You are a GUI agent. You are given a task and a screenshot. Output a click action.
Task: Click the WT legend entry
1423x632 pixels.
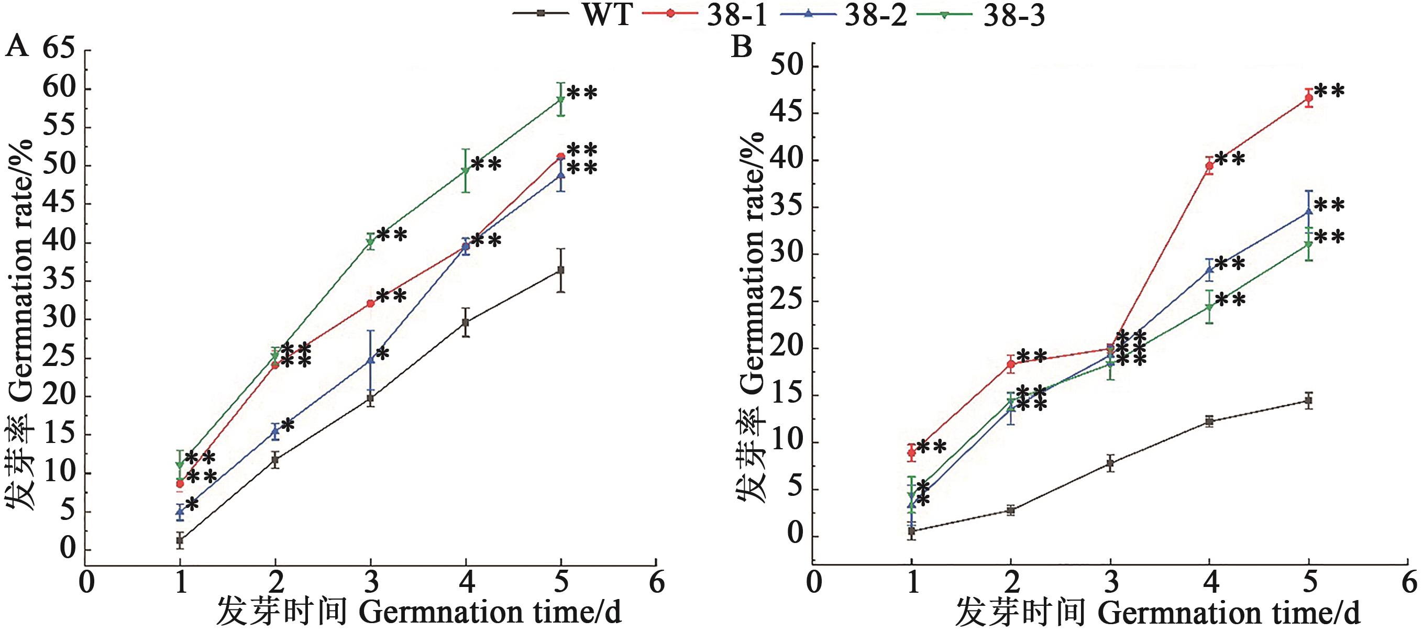tap(606, 14)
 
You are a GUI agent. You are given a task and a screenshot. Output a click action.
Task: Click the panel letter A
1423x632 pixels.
tap(17, 47)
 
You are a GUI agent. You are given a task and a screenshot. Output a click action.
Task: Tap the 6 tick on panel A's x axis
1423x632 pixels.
tap(656, 582)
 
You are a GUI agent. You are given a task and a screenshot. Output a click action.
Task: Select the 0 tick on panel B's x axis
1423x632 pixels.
tap(814, 582)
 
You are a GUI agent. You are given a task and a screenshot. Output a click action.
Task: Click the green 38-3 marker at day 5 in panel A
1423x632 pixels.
tap(560, 99)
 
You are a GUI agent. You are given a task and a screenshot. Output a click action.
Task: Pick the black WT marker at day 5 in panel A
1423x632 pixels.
tap(561, 270)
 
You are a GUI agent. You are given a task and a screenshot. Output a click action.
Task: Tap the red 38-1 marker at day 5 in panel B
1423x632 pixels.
tap(1308, 98)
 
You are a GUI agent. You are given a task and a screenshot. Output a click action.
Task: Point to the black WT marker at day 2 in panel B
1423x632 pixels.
tap(1011, 511)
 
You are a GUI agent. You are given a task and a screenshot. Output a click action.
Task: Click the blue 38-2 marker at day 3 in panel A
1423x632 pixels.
tap(371, 360)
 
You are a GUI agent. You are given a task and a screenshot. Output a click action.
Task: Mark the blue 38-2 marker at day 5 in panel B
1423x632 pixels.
tap(1308, 211)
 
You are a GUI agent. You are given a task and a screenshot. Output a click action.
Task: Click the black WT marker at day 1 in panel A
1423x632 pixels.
tap(180, 540)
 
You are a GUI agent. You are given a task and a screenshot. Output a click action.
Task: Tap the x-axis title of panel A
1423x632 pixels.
tap(418, 612)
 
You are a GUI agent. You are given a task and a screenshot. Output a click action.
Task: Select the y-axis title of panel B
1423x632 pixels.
tap(751, 317)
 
